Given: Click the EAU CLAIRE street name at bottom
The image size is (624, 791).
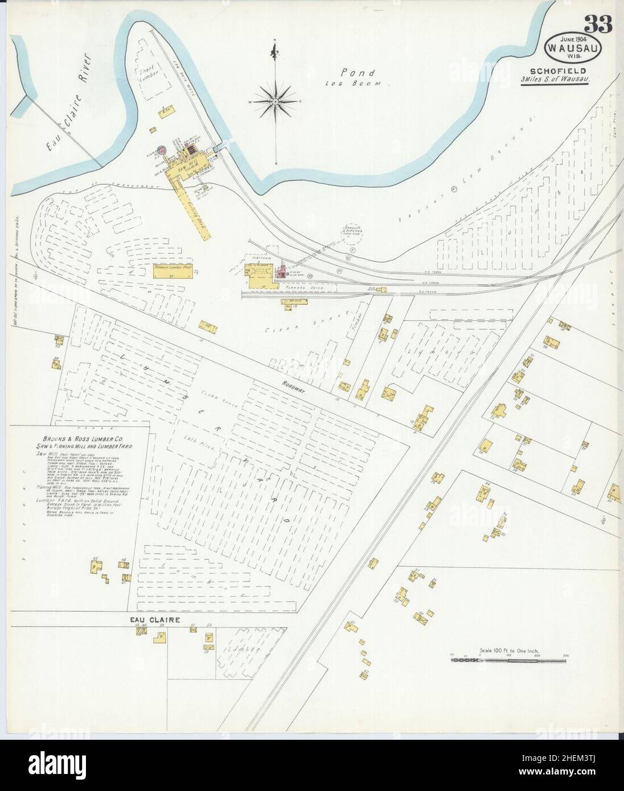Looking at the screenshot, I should click(x=154, y=619).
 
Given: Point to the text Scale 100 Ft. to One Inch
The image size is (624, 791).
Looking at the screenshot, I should click(x=510, y=650).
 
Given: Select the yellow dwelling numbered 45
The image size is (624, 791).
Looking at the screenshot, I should click(x=95, y=567).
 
